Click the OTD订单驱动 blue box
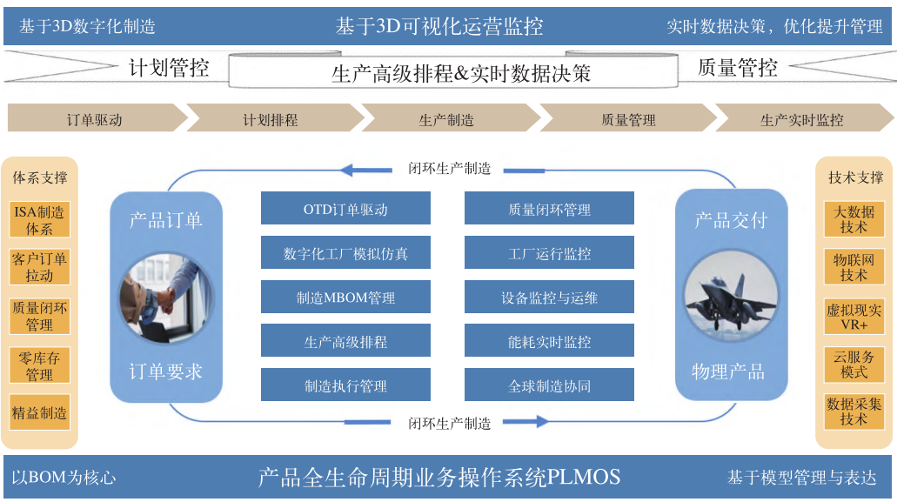[x=345, y=209]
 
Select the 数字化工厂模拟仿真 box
[x=345, y=253]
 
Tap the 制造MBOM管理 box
[x=345, y=298]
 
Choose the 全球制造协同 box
[x=549, y=385]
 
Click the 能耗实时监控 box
[x=549, y=342]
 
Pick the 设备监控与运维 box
[x=549, y=298]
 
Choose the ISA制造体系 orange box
[x=39, y=219]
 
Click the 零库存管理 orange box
[x=39, y=365]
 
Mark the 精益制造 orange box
[x=39, y=412]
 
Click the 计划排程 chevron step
[x=271, y=119]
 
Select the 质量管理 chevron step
[x=628, y=119]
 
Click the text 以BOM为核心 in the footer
[x=64, y=478]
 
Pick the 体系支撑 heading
[x=39, y=177]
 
